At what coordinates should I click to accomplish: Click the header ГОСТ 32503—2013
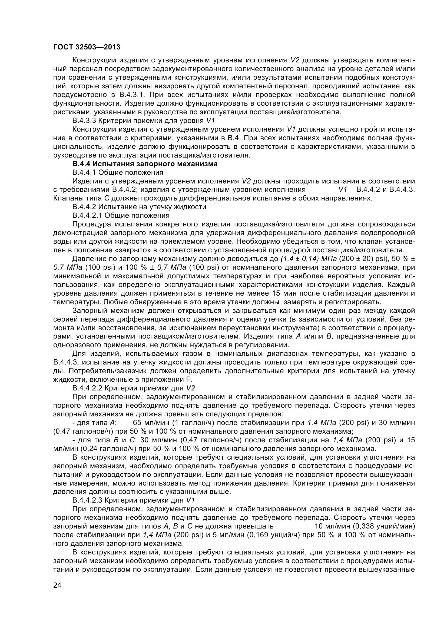87,47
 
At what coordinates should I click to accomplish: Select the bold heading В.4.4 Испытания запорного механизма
145,164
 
